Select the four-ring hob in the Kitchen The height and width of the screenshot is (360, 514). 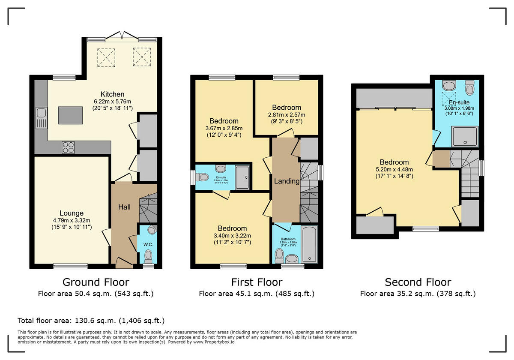(x=69, y=147)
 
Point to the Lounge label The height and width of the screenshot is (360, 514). (x=72, y=213)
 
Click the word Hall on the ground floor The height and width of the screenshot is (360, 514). (x=124, y=207)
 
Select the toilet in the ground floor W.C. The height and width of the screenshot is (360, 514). (x=148, y=256)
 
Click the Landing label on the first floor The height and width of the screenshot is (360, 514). (x=287, y=181)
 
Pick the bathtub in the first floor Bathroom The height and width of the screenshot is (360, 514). (x=309, y=245)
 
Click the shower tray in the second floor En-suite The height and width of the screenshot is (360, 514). (x=464, y=136)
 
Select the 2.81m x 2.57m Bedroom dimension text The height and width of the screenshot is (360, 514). (x=287, y=115)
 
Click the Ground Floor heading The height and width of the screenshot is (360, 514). (x=96, y=282)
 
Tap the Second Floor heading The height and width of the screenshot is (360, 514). (x=418, y=282)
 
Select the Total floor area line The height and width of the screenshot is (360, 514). (x=91, y=321)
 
